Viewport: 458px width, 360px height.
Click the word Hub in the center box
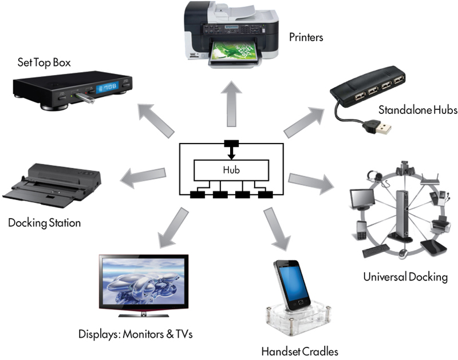pyautogui.click(x=231, y=169)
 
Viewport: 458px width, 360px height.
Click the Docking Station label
pyautogui.click(x=44, y=222)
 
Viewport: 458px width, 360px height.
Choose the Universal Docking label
pyautogui.click(x=405, y=278)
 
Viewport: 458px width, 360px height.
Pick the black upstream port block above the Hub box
pyautogui.click(x=231, y=143)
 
